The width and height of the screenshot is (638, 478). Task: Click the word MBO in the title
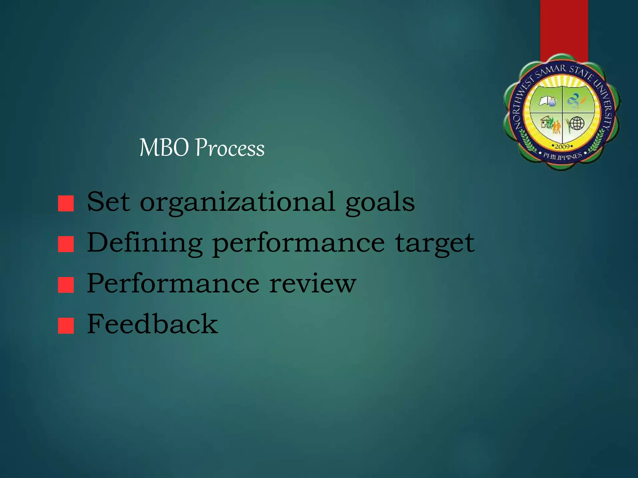coord(164,148)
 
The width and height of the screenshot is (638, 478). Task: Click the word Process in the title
coord(230,148)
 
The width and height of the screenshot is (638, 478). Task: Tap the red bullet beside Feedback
coord(66,326)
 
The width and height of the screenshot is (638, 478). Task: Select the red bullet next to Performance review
coord(66,285)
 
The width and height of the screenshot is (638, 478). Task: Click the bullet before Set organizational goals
coord(66,204)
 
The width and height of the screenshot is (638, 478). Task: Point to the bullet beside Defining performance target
coord(66,244)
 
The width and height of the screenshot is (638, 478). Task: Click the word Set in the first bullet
coord(108,202)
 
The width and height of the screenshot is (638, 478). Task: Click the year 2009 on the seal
coord(562,146)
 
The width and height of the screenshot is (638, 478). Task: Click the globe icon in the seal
coord(577,123)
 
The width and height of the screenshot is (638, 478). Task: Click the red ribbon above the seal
coord(564,28)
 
